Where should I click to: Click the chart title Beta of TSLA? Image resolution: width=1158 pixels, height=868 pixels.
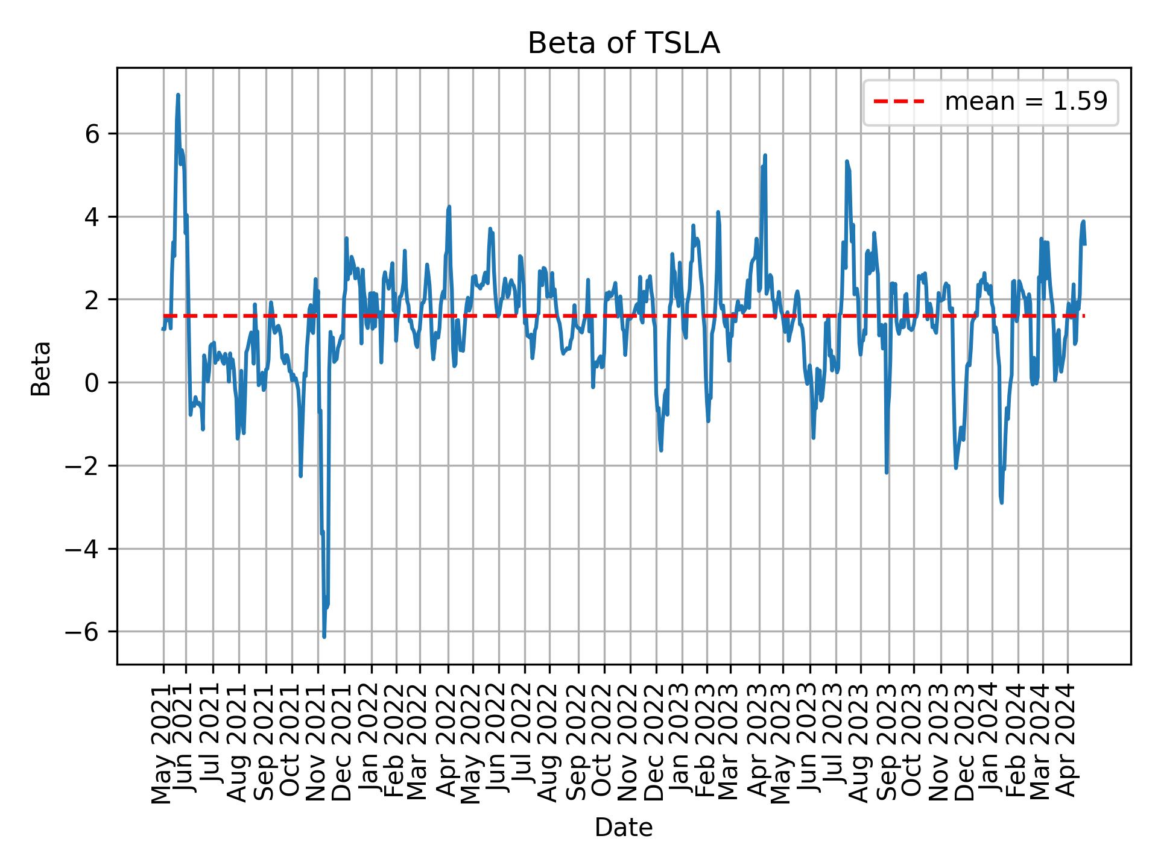click(x=624, y=43)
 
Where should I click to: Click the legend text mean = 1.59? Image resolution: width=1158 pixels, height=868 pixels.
click(x=1026, y=102)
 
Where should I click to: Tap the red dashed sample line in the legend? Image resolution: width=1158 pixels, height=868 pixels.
click(x=899, y=102)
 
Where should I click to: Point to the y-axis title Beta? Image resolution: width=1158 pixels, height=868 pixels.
click(x=41, y=368)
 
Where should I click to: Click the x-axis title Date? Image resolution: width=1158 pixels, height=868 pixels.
click(x=624, y=828)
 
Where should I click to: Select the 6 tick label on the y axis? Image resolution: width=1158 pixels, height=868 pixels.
click(x=92, y=134)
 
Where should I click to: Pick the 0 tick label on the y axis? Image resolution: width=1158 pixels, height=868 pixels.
click(x=92, y=383)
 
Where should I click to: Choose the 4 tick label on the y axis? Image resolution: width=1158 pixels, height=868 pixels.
click(x=92, y=217)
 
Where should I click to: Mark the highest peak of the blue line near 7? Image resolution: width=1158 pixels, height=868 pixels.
click(x=178, y=95)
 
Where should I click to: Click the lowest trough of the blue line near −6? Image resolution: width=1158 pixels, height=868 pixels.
click(x=324, y=637)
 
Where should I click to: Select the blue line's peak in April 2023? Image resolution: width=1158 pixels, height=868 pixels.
click(x=765, y=156)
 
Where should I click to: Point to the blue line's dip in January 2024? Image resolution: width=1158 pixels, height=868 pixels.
click(x=1002, y=503)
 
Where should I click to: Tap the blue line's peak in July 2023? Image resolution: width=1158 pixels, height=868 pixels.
click(x=847, y=162)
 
